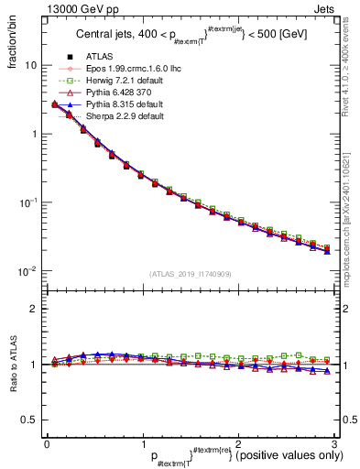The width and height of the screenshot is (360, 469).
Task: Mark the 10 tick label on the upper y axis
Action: coord(31,66)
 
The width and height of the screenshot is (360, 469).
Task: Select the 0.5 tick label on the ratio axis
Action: coord(28,420)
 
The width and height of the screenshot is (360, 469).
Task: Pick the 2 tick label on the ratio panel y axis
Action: coord(34,309)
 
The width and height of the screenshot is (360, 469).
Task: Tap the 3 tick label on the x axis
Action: coord(335,445)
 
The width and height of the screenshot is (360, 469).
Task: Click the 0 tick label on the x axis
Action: coord(47,445)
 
